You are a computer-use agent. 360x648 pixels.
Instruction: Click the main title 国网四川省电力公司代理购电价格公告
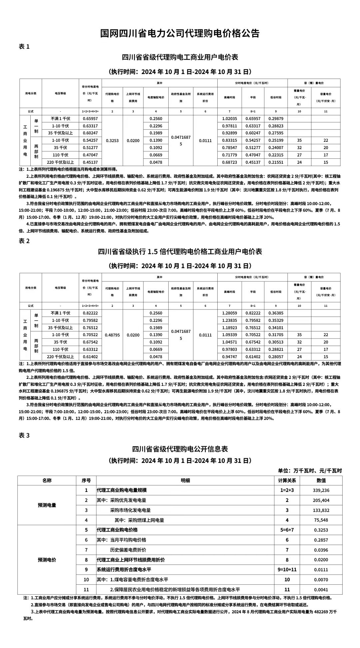click(180, 33)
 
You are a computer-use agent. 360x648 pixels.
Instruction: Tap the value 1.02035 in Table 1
click(229, 119)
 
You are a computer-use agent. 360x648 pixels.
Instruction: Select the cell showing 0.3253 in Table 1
click(112, 140)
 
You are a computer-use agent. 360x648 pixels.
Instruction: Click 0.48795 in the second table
click(112, 335)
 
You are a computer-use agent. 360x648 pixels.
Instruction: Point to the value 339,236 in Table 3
click(321, 490)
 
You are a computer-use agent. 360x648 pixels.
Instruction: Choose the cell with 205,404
click(321, 500)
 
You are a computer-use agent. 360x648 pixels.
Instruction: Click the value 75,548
click(321, 520)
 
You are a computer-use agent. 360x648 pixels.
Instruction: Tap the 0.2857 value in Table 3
click(321, 540)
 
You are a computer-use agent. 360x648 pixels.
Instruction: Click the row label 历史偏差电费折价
click(128, 550)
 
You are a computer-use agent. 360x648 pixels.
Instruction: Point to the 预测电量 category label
click(47, 505)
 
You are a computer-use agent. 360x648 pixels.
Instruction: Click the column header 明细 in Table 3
click(185, 481)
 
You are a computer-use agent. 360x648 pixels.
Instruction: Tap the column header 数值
click(321, 481)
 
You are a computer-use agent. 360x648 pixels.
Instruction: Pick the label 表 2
click(24, 241)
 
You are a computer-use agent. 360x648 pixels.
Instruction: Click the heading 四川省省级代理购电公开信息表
click(180, 449)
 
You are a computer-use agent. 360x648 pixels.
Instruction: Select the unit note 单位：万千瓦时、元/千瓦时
click(310, 471)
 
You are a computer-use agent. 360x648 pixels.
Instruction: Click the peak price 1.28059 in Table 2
click(229, 313)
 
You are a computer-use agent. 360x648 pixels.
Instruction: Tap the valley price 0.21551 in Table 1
click(276, 162)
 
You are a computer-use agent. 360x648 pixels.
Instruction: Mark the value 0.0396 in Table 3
click(321, 550)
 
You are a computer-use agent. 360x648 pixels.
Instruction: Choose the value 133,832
click(321, 510)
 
